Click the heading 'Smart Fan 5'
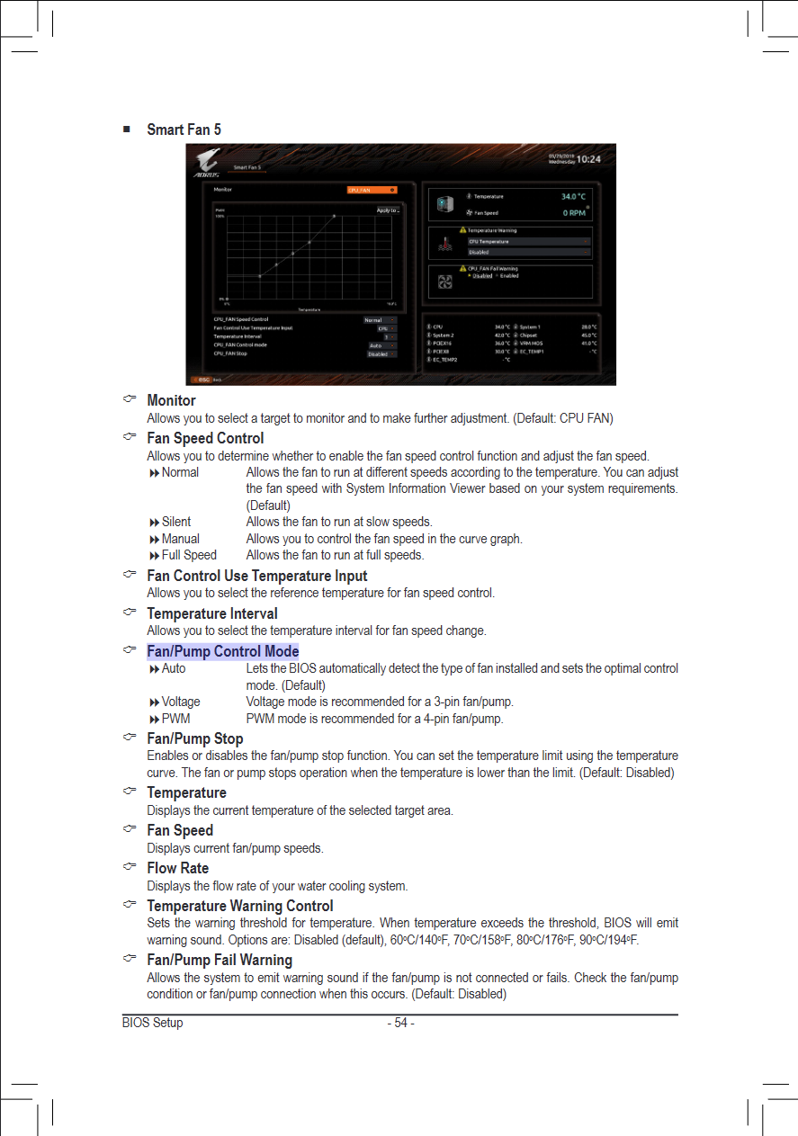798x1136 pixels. pyautogui.click(x=184, y=130)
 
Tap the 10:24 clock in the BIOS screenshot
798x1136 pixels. pyautogui.click(x=587, y=159)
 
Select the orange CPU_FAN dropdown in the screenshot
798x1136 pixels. pyautogui.click(x=372, y=190)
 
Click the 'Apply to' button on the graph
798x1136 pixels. pyautogui.click(x=388, y=210)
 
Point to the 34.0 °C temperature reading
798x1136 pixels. pyautogui.click(x=573, y=196)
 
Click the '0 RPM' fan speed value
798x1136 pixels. pyautogui.click(x=574, y=213)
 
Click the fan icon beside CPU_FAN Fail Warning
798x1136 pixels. pyautogui.click(x=444, y=282)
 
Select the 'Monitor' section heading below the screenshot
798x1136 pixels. pyautogui.click(x=171, y=400)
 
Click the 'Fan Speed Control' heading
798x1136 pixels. pyautogui.click(x=205, y=438)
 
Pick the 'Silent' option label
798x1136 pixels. pyautogui.click(x=176, y=522)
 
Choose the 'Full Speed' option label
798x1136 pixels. pyautogui.click(x=189, y=555)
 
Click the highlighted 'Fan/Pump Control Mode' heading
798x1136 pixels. pyautogui.click(x=222, y=651)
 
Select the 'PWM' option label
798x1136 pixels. pyautogui.click(x=175, y=719)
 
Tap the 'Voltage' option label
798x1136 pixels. pyautogui.click(x=181, y=702)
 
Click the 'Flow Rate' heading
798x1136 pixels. pyautogui.click(x=177, y=868)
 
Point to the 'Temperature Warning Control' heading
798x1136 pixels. pyautogui.click(x=239, y=906)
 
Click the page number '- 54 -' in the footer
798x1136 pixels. pyautogui.click(x=400, y=1023)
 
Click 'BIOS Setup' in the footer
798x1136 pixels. pyautogui.click(x=153, y=1023)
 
